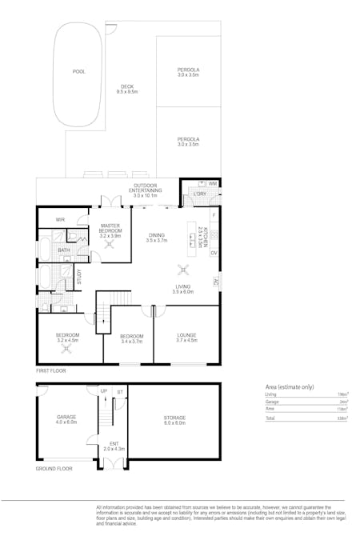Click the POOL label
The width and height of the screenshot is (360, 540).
click(x=78, y=72)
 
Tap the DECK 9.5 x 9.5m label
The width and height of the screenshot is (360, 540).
click(x=127, y=90)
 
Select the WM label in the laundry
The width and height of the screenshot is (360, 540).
click(x=213, y=184)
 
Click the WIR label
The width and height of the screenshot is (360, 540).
click(x=60, y=219)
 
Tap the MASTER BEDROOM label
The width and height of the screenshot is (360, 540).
click(x=110, y=230)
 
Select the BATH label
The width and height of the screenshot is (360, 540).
click(x=63, y=250)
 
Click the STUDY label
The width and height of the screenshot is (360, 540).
click(x=79, y=278)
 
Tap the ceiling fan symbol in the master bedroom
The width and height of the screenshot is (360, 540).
click(x=111, y=246)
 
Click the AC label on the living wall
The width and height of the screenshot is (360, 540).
click(x=216, y=281)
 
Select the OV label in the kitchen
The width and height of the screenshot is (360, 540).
click(x=214, y=254)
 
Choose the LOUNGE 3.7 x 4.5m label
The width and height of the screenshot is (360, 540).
click(x=186, y=338)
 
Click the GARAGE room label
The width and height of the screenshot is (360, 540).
click(x=66, y=419)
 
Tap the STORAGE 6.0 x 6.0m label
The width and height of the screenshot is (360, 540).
click(x=174, y=420)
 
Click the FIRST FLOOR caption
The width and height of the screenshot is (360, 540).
click(x=51, y=371)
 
